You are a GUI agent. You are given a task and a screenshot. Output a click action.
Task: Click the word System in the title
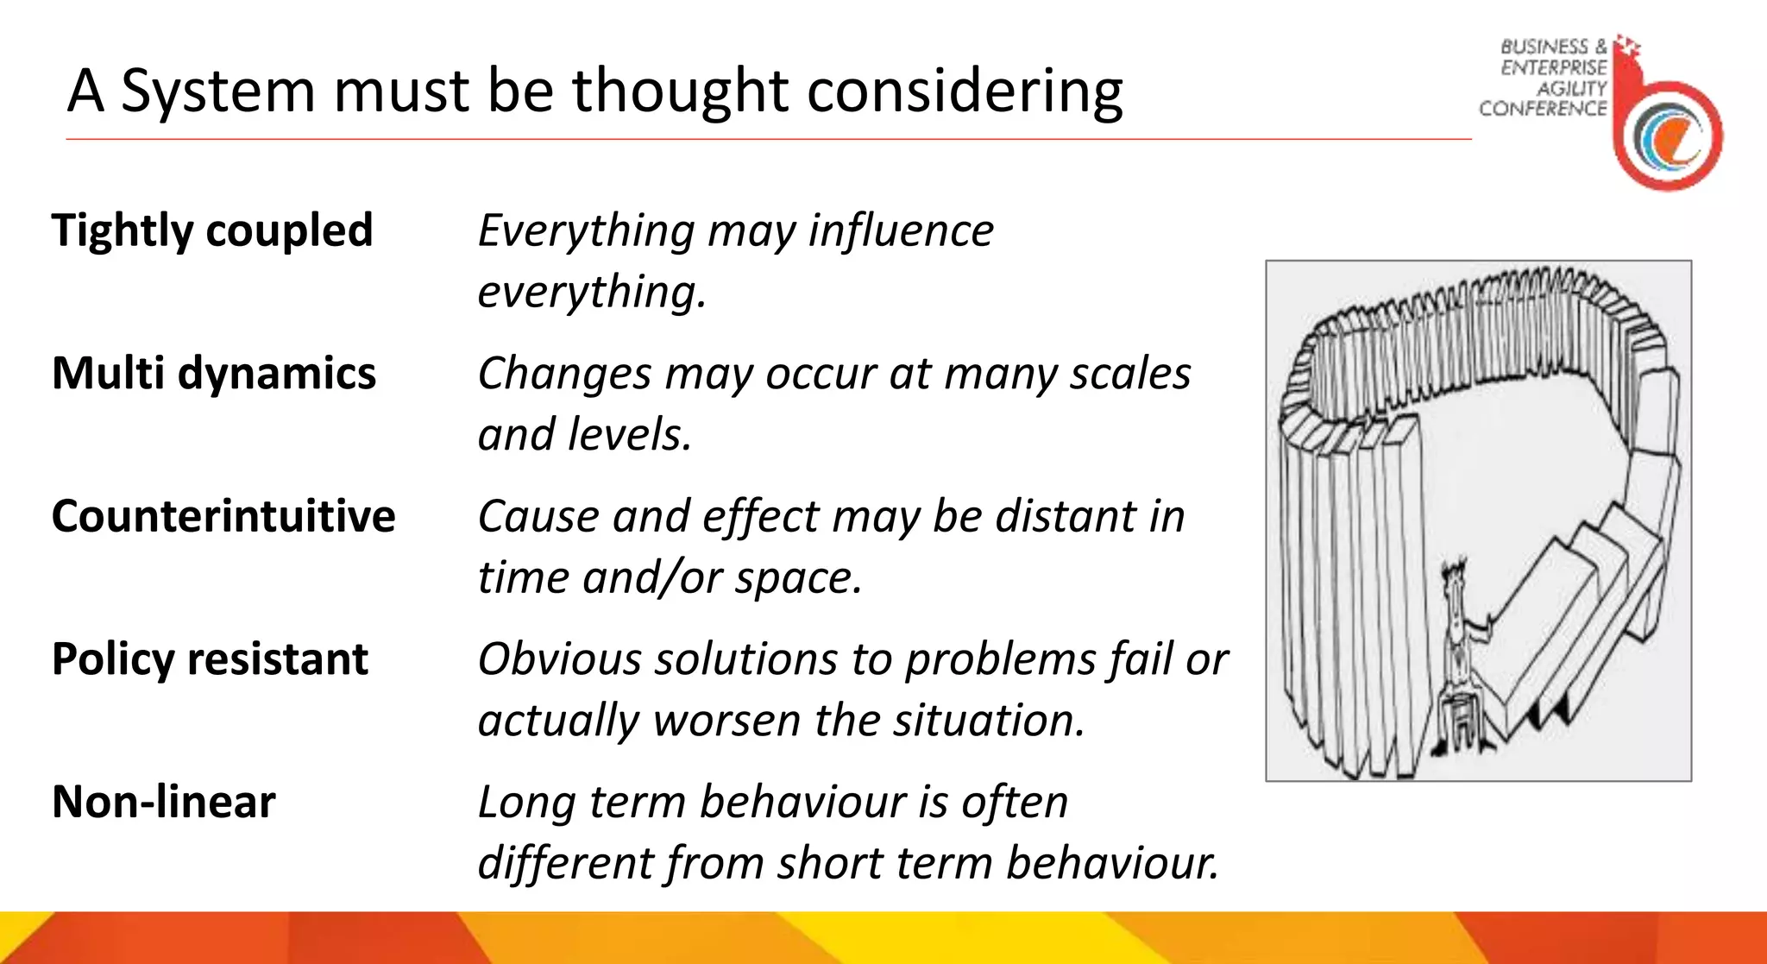[218, 91]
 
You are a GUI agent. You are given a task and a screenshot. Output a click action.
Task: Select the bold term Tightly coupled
[212, 231]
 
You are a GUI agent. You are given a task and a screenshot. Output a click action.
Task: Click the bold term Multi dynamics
[214, 374]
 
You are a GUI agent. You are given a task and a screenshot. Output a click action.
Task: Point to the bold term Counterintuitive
[223, 516]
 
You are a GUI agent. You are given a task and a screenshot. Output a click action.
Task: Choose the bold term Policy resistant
[210, 659]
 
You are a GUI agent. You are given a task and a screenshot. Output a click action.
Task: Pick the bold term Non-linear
[164, 802]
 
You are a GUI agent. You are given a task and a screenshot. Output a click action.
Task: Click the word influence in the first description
[901, 231]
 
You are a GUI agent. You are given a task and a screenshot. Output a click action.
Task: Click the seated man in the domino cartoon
[1460, 656]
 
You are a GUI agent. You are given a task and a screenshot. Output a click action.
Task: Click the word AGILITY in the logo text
[1571, 88]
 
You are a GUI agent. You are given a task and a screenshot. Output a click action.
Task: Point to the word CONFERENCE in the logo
[1543, 109]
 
